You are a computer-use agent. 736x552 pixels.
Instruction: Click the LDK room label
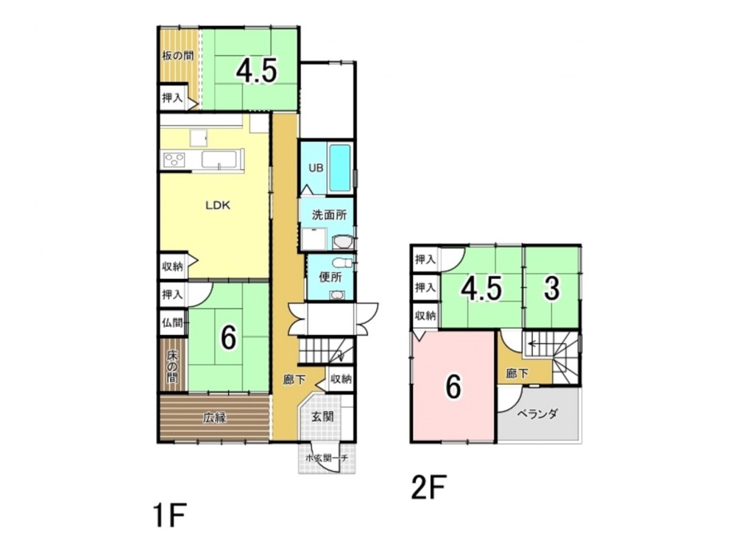[x=218, y=205]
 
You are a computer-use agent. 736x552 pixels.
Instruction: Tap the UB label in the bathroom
[x=316, y=167]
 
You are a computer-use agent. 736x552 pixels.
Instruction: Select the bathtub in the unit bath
[x=340, y=168]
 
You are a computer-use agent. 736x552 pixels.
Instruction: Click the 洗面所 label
[x=330, y=215]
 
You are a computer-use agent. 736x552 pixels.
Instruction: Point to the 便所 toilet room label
[x=330, y=277]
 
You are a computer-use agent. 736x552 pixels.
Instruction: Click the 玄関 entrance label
[x=322, y=416]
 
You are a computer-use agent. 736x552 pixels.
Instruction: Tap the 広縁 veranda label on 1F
[x=215, y=417]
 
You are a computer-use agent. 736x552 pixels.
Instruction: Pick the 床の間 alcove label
[x=173, y=366]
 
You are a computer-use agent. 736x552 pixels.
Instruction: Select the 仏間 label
[x=172, y=323]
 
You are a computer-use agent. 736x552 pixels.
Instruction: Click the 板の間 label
[x=177, y=56]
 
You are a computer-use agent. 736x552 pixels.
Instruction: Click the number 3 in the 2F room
[x=552, y=288]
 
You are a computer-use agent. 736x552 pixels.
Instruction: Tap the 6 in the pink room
[x=453, y=387]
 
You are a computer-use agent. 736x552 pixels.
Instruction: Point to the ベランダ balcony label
[x=537, y=414]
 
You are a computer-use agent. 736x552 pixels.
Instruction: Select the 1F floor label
[x=169, y=515]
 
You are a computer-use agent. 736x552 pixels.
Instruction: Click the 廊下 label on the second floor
[x=517, y=374]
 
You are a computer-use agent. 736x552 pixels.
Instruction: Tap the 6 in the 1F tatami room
[x=228, y=338]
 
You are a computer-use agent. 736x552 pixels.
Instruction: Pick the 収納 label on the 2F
[x=425, y=316]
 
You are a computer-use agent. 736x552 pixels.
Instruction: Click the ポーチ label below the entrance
[x=327, y=458]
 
